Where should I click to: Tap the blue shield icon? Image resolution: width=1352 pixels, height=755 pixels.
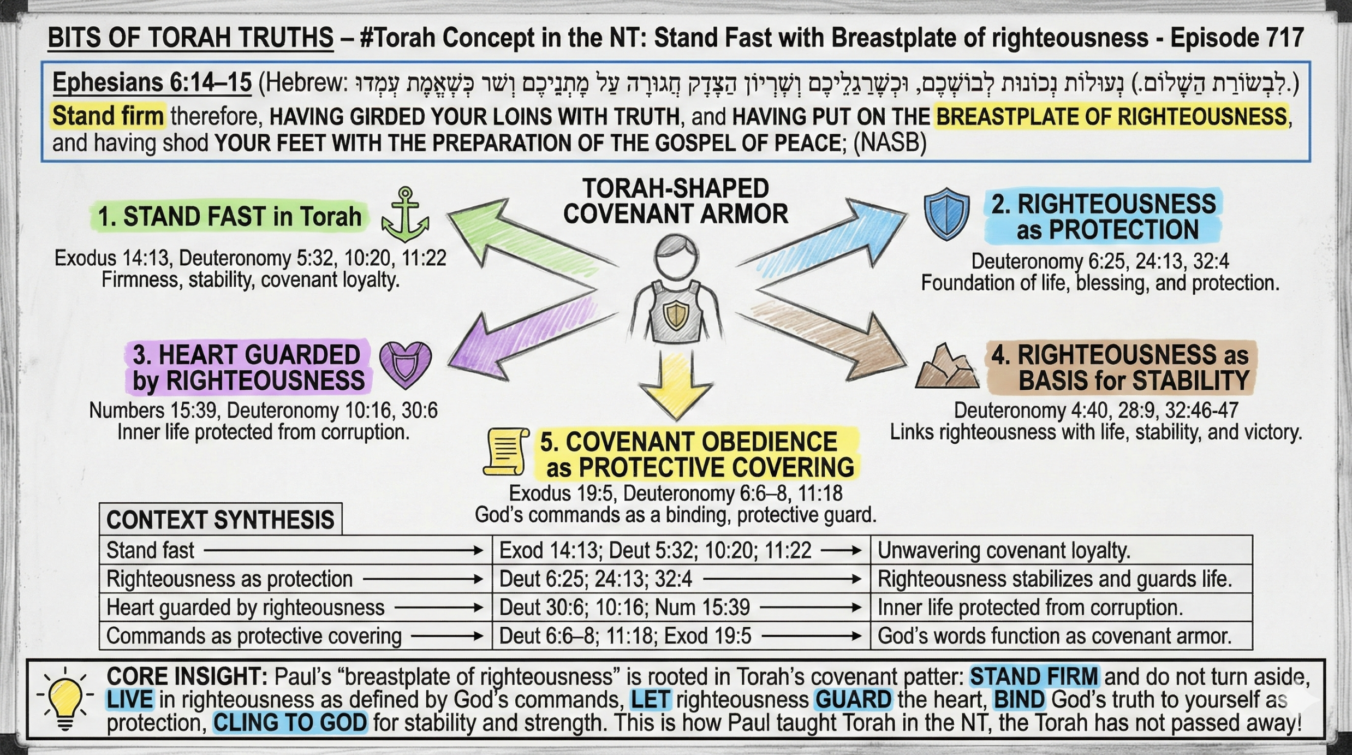[946, 214]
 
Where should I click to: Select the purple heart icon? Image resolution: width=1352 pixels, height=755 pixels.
[405, 364]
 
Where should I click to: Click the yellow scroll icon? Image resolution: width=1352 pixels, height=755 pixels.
[505, 451]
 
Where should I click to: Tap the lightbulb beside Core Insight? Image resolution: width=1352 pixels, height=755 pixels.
[65, 699]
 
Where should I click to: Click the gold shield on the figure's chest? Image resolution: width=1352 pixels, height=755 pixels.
[676, 316]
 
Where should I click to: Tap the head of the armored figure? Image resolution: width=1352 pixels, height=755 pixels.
[676, 257]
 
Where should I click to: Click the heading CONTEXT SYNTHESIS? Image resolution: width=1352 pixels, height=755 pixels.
[220, 520]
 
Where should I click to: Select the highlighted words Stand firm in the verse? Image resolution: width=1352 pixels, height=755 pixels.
[108, 116]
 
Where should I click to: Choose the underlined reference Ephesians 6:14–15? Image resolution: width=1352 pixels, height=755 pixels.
[152, 83]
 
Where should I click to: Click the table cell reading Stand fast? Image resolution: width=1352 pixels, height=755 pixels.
[150, 550]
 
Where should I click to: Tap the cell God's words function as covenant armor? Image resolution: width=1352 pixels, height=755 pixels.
[1054, 636]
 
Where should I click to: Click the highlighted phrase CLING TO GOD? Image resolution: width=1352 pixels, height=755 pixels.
[290, 723]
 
